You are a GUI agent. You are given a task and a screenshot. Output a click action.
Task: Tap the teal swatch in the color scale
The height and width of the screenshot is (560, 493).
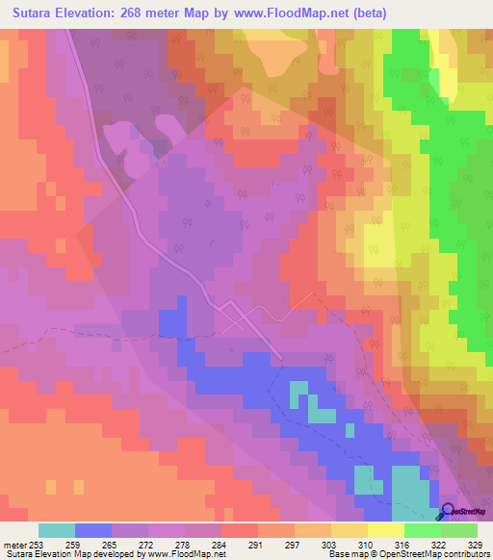point(57,529)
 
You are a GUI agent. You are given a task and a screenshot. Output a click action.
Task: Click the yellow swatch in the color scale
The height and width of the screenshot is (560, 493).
point(386,529)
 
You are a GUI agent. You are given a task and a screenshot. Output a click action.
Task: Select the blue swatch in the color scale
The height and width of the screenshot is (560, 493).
point(93,529)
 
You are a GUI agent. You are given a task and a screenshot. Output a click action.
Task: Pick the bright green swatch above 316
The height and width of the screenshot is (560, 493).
point(423,529)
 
